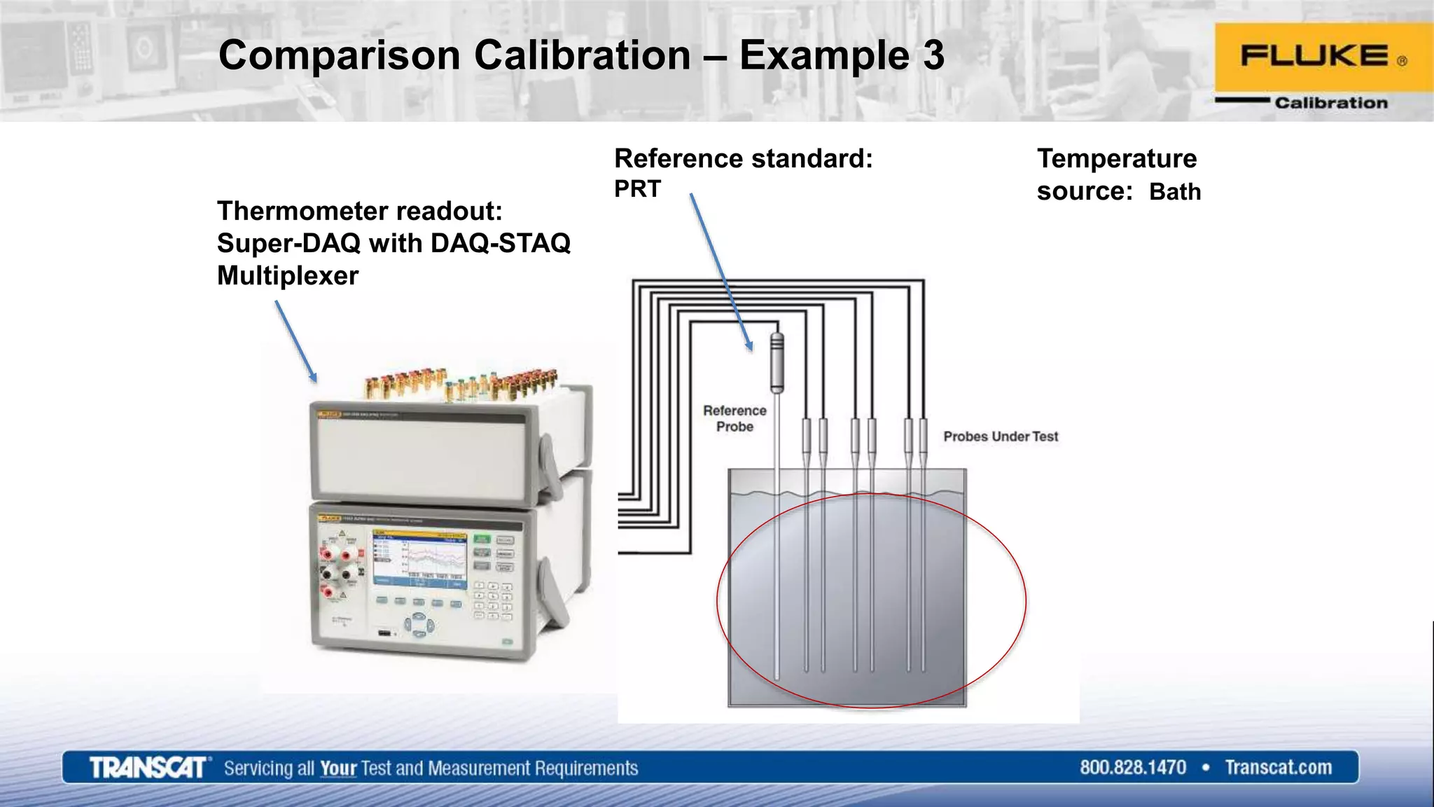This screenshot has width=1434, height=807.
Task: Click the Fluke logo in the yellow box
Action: (x=1315, y=56)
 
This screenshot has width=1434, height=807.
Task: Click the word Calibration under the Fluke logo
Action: (x=1330, y=103)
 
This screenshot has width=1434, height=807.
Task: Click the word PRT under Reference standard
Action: (x=637, y=189)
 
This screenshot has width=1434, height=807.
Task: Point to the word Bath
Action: (x=1174, y=192)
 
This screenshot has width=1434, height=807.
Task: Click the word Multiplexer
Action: (x=288, y=275)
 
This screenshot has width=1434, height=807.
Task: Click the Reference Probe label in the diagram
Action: (x=735, y=418)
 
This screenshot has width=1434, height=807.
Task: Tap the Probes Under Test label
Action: (x=1000, y=436)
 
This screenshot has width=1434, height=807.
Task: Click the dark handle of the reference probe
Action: (x=777, y=362)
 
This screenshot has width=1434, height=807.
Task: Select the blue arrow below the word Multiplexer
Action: (x=295, y=341)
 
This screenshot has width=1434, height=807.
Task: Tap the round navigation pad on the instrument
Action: (x=418, y=624)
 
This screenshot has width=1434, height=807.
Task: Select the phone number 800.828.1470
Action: (x=1132, y=768)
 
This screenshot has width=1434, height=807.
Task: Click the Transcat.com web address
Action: (x=1278, y=768)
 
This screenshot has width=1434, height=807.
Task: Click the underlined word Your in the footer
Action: (x=338, y=768)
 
